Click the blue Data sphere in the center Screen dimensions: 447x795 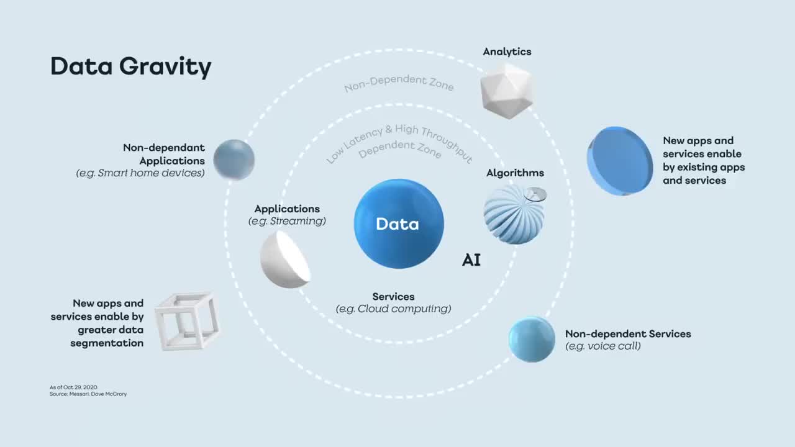(x=399, y=224)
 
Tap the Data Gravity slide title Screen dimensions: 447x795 (x=130, y=66)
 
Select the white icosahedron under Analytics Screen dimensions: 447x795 (x=507, y=90)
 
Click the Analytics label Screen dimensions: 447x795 (x=507, y=52)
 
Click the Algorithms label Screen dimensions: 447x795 (x=515, y=173)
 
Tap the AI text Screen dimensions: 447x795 (x=471, y=260)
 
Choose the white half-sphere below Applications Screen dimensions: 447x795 (x=284, y=259)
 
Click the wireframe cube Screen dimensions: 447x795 (x=186, y=321)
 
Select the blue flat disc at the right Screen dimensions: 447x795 (x=619, y=161)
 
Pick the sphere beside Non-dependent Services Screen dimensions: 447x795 (x=532, y=339)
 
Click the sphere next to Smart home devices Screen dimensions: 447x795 (x=234, y=160)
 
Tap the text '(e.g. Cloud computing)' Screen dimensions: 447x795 (x=393, y=309)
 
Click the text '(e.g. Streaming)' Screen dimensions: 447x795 (x=287, y=221)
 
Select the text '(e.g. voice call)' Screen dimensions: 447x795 (x=602, y=346)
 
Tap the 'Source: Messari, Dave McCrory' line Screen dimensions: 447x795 (x=88, y=394)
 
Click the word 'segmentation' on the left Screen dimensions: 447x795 (x=107, y=343)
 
